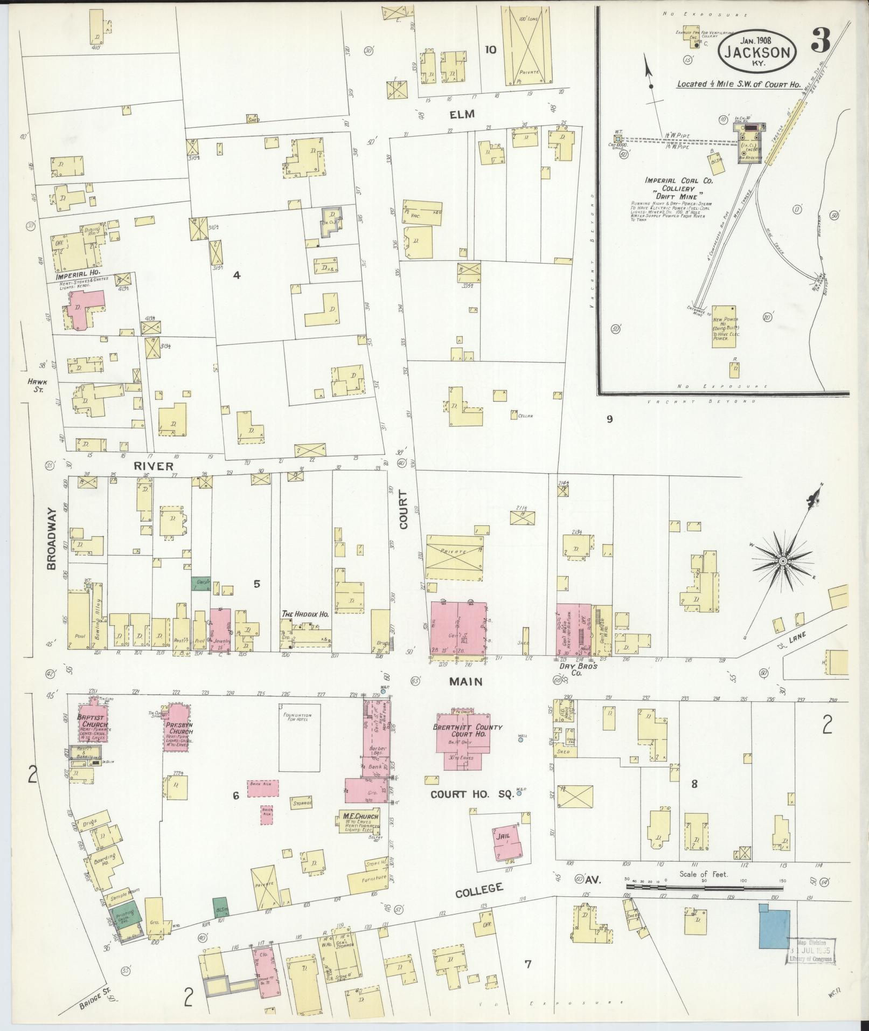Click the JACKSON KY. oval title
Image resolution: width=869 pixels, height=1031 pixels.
pyautogui.click(x=757, y=48)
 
